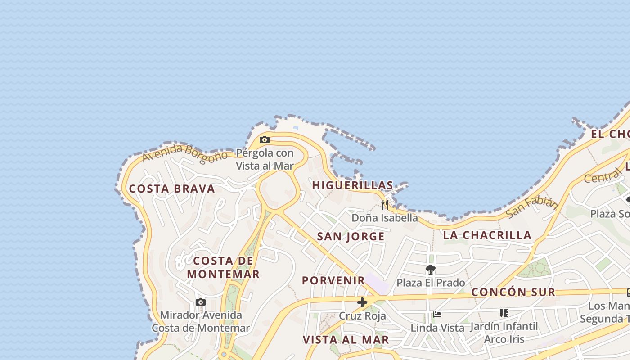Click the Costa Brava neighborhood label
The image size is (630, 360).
(x=172, y=189)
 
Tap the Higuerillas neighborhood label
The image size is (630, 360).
(x=352, y=185)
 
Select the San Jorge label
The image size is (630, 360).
(x=351, y=236)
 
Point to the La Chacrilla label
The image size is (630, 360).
(x=487, y=235)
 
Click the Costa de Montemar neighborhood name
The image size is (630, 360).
(x=223, y=267)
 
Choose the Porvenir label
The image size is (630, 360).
(x=333, y=280)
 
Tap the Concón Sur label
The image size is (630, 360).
(x=513, y=292)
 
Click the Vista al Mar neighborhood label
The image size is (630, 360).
(x=346, y=339)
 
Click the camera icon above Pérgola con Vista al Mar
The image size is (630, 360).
(x=265, y=140)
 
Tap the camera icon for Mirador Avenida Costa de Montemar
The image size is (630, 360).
(x=201, y=302)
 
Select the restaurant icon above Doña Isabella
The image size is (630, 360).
(x=384, y=205)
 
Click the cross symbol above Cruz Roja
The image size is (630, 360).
(x=362, y=302)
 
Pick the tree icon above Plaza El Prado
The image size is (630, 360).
(x=431, y=270)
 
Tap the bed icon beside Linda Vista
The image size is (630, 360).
(x=437, y=315)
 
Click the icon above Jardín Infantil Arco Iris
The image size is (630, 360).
(x=504, y=313)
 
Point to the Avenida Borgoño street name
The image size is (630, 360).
(x=185, y=153)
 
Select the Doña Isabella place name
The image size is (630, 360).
(x=384, y=218)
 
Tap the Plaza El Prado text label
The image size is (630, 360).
(x=431, y=283)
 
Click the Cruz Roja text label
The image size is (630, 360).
(x=362, y=315)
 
